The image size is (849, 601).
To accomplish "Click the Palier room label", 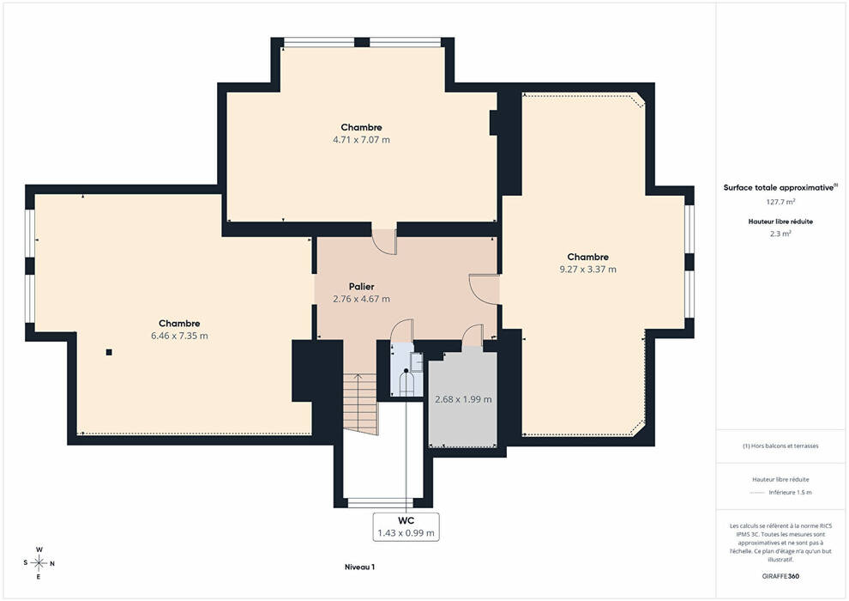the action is [361, 287].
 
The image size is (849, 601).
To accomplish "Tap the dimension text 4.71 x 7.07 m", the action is [361, 140].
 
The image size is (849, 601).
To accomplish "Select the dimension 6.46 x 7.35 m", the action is [179, 336].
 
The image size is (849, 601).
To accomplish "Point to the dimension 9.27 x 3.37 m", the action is [587, 270].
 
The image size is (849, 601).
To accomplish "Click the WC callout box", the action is [406, 526].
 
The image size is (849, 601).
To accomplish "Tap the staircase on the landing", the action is [360, 404].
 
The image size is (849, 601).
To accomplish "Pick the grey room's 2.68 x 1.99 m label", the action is [463, 399].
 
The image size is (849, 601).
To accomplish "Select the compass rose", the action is [39, 563].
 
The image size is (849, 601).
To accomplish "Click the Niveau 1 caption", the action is [360, 568].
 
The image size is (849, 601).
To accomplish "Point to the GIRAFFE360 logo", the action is [780, 576].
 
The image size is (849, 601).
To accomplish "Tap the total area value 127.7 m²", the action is [780, 202].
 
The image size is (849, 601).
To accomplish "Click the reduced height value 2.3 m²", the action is [780, 234].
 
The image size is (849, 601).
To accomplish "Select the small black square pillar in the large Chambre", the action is [109, 352].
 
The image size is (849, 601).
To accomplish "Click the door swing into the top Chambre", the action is [384, 242].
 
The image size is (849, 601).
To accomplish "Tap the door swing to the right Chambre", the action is [484, 289].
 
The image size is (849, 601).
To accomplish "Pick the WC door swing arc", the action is [401, 331].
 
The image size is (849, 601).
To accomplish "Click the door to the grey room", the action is [473, 336].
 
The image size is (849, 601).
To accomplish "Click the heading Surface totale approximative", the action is [778, 188].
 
